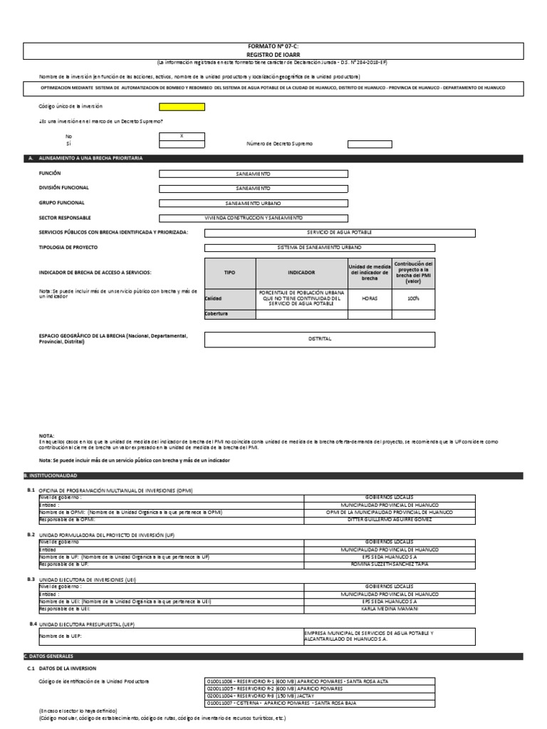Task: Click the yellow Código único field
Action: tap(182, 107)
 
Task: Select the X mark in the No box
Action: tap(182, 135)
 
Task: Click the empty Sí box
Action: tap(182, 144)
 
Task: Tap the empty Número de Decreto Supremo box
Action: tap(369, 144)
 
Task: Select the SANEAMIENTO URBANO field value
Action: tap(253, 203)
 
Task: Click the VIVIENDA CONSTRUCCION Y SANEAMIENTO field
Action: tap(253, 218)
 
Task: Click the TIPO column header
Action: tap(229, 273)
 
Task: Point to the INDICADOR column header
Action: tap(301, 273)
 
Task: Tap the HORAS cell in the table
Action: tap(369, 298)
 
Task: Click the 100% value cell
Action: tap(413, 298)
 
